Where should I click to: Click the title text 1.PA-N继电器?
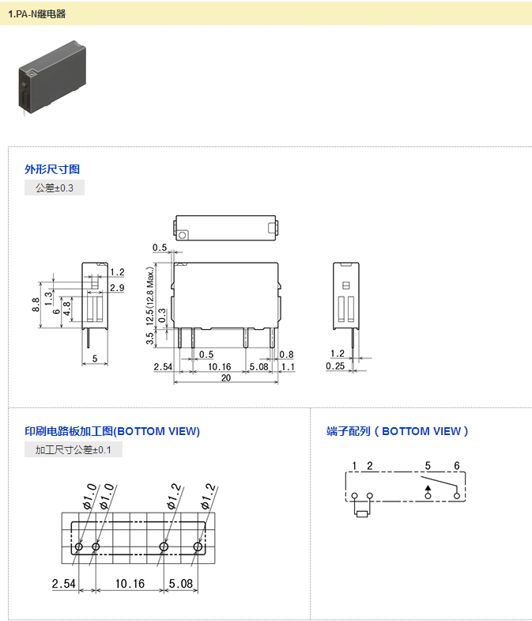pos(37,14)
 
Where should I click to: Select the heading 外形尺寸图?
pos(52,169)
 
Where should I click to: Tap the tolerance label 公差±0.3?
pos(55,188)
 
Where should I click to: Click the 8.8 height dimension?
pos(36,304)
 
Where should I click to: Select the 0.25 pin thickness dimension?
pos(335,366)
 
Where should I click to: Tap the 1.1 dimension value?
pos(287,366)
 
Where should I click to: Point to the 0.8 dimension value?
pos(286,354)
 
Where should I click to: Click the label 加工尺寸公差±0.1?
pos(74,450)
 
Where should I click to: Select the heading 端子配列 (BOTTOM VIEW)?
pos(398,431)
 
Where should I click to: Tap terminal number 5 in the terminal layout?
pos(428,465)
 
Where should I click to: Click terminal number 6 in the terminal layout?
pos(456,465)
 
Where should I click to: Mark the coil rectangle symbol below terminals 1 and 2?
pos(362,513)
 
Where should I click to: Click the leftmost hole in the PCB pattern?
pos(79,547)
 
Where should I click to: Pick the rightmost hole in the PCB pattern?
pos(198,547)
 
